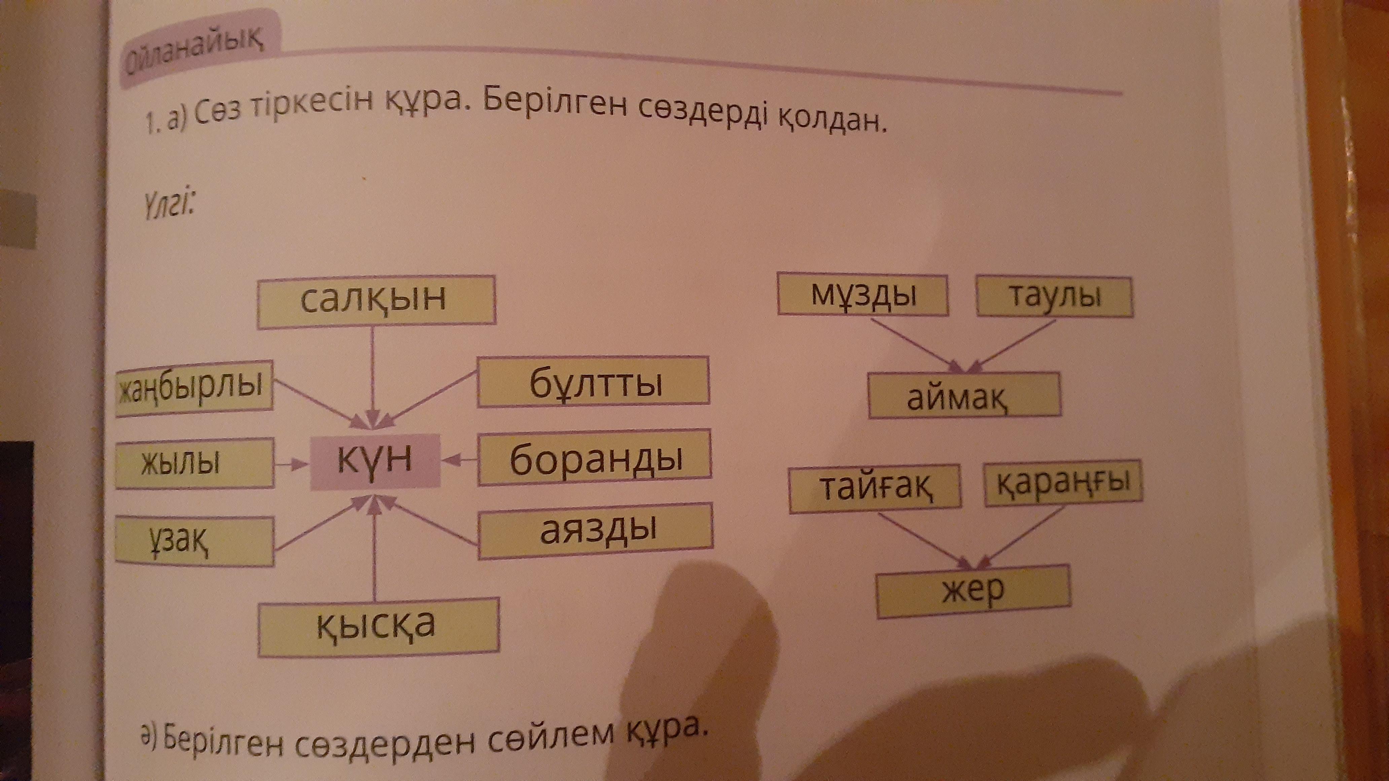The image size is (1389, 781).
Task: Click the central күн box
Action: (x=375, y=461)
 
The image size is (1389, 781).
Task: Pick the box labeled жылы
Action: (x=194, y=463)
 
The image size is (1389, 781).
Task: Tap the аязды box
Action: (x=595, y=530)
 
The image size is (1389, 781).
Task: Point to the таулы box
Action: (x=1054, y=296)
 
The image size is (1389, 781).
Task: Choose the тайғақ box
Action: (x=875, y=488)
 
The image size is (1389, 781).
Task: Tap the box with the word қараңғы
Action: (x=1063, y=483)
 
